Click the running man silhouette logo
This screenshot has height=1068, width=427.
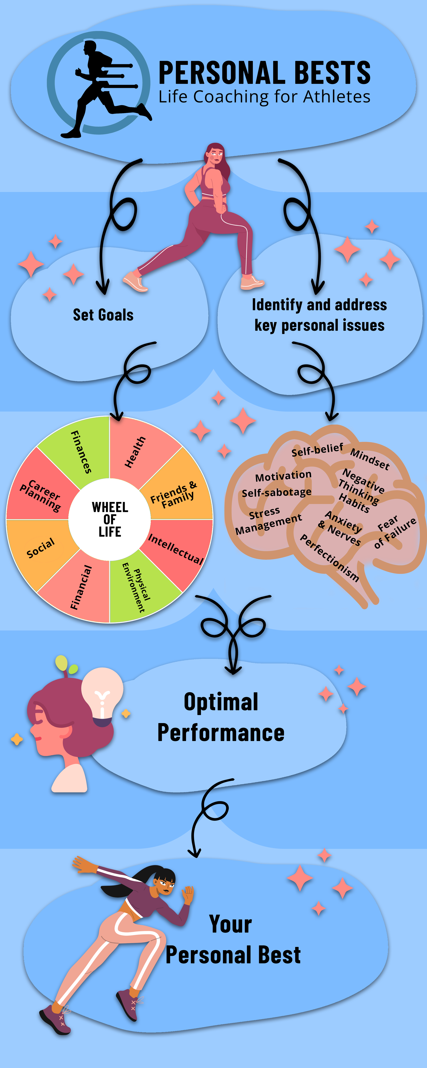(x=100, y=87)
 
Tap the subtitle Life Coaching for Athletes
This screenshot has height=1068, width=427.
(x=264, y=97)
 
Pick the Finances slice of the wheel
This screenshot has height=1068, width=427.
(x=81, y=452)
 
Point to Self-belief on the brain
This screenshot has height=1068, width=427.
(x=317, y=450)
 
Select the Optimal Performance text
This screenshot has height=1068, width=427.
(x=221, y=717)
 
